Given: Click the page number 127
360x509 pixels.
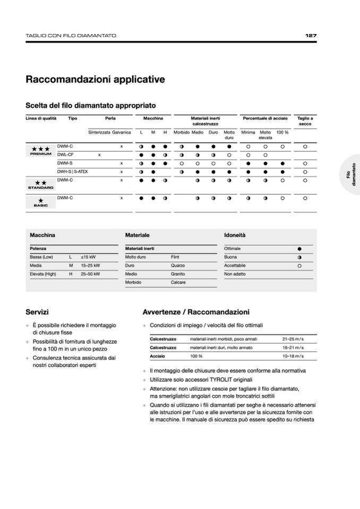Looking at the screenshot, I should (x=311, y=36).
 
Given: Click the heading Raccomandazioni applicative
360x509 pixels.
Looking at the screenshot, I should (x=95, y=80).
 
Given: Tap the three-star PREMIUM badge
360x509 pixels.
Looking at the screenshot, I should (x=40, y=150).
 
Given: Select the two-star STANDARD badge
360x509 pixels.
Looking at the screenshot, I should (x=40, y=184).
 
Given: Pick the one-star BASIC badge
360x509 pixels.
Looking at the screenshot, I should (x=40, y=202).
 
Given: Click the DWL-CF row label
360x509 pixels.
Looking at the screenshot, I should (x=65, y=154).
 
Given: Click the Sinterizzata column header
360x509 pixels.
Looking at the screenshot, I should (x=99, y=132).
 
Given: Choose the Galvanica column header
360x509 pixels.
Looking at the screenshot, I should (x=122, y=132).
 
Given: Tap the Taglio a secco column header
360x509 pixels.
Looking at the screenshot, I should (x=305, y=121).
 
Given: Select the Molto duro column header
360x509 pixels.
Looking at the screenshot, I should (x=229, y=134).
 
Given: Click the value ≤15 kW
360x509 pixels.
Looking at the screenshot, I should (x=88, y=256).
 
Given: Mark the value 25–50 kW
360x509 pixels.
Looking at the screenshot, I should (x=90, y=274).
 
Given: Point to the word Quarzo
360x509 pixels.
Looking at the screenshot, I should (x=178, y=265).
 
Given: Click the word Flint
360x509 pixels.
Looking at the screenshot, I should (x=175, y=256).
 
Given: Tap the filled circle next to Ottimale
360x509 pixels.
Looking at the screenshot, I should (x=299, y=248).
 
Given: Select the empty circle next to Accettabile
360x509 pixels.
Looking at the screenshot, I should (x=299, y=265).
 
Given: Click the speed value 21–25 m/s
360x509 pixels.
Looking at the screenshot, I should (x=293, y=338).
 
